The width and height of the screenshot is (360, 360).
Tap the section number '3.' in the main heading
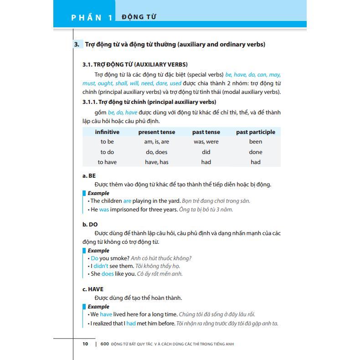tap(77, 44)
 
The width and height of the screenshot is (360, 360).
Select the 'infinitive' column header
tap(107, 132)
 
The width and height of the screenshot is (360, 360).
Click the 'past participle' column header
tap(256, 132)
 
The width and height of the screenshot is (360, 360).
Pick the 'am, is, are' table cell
tap(156, 142)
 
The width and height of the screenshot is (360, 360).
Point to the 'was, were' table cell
tap(206, 142)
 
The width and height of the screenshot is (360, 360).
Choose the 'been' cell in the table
tap(256, 142)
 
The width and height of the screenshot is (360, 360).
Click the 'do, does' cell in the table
tap(156, 152)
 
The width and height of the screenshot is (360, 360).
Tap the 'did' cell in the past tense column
tap(206, 152)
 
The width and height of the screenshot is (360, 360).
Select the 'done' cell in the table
tap(256, 152)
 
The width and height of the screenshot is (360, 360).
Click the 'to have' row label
tap(107, 162)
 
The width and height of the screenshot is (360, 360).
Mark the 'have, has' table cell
tap(156, 162)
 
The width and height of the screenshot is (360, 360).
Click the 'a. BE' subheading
tap(89, 175)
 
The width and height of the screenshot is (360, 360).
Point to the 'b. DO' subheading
tap(90, 224)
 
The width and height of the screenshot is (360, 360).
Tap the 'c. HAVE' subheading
tap(93, 289)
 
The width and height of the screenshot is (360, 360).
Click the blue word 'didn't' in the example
tap(101, 266)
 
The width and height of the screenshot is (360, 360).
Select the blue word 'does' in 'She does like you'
tap(108, 274)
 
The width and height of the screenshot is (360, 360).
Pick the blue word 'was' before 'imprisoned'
tap(104, 210)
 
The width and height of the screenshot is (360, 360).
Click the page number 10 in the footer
tap(85, 344)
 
